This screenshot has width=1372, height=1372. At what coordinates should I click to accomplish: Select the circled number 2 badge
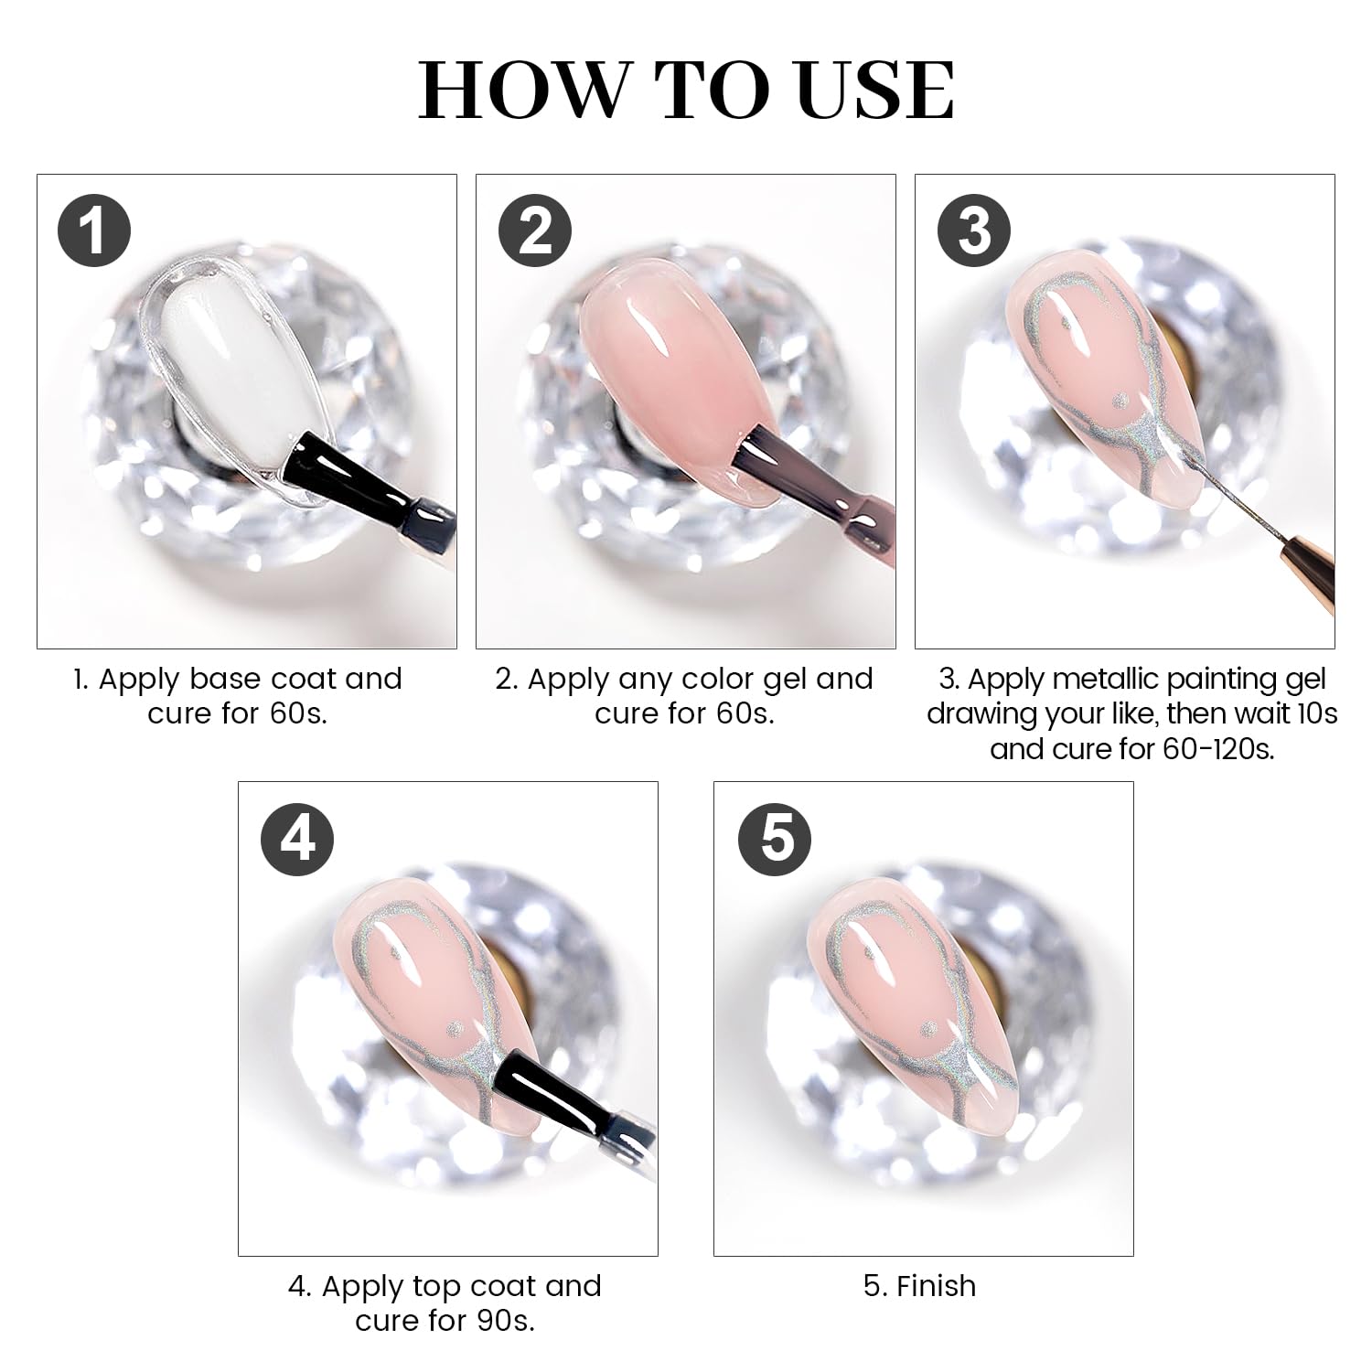point(534,231)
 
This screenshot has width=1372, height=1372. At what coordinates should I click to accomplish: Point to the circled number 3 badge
point(973,231)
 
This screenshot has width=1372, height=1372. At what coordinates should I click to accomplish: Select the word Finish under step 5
point(936,1286)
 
